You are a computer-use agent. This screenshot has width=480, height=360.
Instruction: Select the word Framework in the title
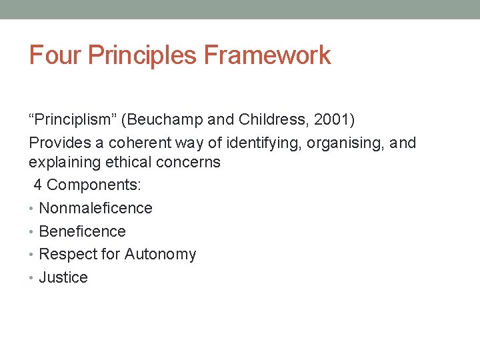(x=267, y=55)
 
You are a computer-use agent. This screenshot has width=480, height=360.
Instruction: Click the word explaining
(x=61, y=162)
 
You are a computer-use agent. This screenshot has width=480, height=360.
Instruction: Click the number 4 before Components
(x=38, y=185)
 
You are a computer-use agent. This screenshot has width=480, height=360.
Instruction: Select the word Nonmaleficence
(x=95, y=208)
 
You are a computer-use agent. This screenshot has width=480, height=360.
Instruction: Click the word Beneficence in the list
(x=82, y=231)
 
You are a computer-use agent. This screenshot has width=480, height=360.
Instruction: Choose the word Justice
(x=63, y=277)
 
